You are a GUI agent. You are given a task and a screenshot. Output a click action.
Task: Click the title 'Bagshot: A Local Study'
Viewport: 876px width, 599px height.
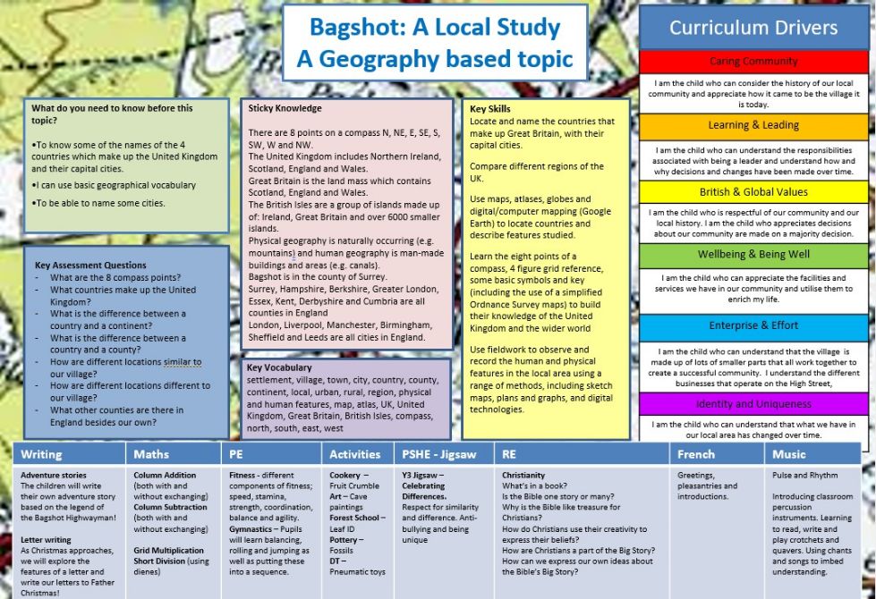click(435, 27)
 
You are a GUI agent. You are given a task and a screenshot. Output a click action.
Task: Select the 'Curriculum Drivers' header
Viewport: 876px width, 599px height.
click(753, 27)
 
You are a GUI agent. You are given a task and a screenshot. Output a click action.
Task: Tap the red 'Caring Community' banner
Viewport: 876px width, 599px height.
click(753, 62)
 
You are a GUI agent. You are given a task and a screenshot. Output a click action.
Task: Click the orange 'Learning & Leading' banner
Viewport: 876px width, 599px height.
click(753, 125)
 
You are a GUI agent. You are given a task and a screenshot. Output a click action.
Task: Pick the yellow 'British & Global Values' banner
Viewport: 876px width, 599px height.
click(753, 192)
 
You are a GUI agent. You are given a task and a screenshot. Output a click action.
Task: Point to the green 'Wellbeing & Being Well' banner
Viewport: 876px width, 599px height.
click(753, 255)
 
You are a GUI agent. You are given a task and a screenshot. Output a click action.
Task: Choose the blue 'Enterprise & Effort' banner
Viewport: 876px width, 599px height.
click(753, 326)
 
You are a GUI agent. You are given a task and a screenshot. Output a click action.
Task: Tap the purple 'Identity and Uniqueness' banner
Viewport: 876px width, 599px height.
click(753, 404)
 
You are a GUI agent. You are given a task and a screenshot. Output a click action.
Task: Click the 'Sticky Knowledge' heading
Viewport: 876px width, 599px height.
click(285, 108)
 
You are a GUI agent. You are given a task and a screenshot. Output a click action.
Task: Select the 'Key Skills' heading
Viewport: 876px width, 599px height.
click(490, 109)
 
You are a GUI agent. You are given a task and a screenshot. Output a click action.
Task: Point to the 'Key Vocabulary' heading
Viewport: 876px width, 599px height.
click(279, 367)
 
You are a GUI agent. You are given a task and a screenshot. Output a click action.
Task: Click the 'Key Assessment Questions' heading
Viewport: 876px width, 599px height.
click(90, 265)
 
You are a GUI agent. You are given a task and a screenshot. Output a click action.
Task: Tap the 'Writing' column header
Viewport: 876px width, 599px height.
click(41, 454)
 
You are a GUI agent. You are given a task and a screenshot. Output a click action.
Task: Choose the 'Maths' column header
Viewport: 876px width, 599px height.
click(151, 454)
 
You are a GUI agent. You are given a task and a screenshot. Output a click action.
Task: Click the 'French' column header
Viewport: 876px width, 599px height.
click(696, 454)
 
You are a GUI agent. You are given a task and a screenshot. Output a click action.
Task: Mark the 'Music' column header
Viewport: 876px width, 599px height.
click(789, 454)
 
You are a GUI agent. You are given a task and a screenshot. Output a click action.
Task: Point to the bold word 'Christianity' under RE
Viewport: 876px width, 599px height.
click(523, 476)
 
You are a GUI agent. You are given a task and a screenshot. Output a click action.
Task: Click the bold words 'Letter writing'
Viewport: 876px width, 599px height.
click(47, 539)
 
